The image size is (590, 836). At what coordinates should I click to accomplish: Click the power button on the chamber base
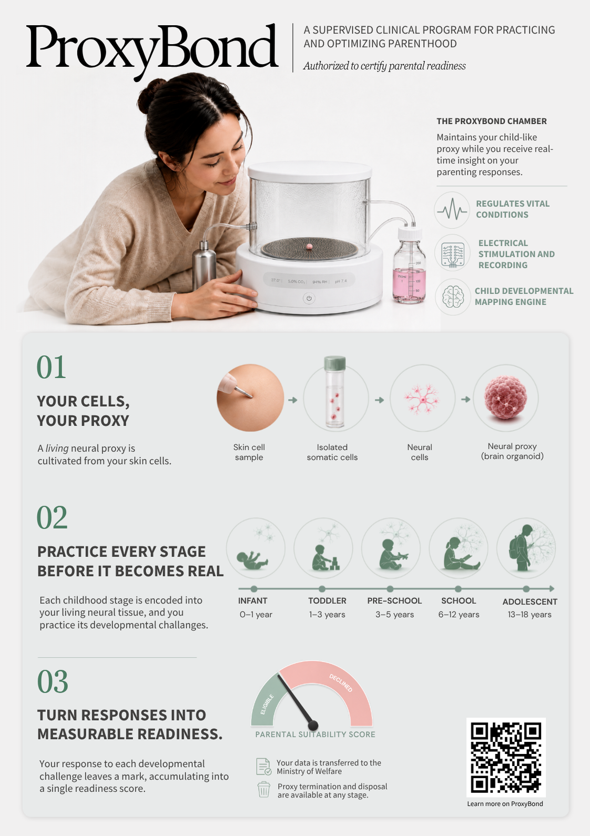(x=309, y=298)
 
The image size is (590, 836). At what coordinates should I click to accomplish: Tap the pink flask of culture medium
(x=409, y=266)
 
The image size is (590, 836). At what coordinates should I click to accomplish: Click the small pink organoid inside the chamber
(x=309, y=246)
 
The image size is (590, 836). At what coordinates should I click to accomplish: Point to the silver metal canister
(x=204, y=265)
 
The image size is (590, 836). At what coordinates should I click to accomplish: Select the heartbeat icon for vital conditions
(x=452, y=210)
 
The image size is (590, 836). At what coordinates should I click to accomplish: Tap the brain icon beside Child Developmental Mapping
(x=453, y=297)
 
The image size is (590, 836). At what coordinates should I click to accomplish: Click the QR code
(x=506, y=757)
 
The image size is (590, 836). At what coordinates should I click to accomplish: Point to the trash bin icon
(x=263, y=790)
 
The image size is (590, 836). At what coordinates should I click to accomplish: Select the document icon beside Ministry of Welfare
(x=263, y=767)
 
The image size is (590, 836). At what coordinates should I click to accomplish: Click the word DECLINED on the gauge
(x=341, y=683)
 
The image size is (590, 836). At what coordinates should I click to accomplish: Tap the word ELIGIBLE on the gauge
(x=267, y=704)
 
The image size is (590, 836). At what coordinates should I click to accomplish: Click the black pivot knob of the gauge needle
(x=313, y=725)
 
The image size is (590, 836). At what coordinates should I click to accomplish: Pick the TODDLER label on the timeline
(x=327, y=600)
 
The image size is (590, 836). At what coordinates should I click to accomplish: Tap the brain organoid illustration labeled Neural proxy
(x=505, y=398)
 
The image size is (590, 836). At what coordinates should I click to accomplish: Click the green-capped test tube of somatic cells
(x=334, y=392)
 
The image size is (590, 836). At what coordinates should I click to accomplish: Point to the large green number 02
(x=52, y=518)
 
